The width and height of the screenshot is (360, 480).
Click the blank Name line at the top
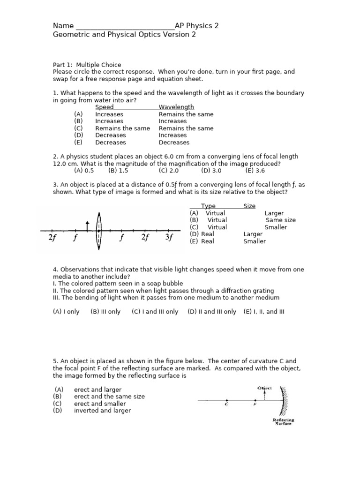(x=124, y=26)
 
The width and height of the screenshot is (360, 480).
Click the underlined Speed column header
(x=104, y=107)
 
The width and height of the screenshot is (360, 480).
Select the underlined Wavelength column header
(x=176, y=107)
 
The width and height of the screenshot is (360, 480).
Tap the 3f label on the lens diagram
(x=170, y=237)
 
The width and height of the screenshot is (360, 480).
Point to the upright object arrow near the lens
(x=87, y=226)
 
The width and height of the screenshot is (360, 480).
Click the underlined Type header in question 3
(x=208, y=206)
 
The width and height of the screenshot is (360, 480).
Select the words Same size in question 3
(x=281, y=220)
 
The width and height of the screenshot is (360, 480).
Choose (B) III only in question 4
(x=105, y=312)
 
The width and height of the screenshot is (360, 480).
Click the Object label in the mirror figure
(x=265, y=388)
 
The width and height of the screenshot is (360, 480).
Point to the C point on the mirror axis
(x=226, y=401)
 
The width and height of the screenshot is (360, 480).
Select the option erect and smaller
(x=100, y=404)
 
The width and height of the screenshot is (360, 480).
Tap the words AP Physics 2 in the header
(x=196, y=26)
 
